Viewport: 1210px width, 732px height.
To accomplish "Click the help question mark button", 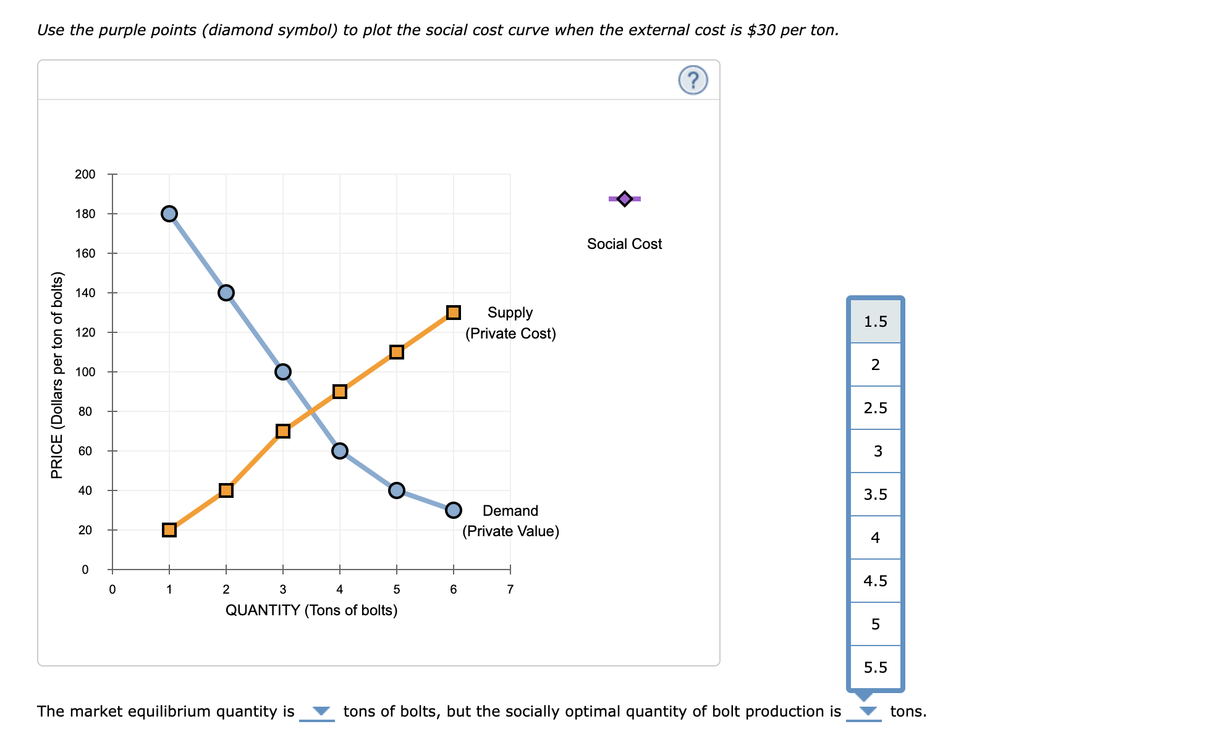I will pos(693,80).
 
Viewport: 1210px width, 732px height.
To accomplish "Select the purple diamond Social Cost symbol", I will pos(624,199).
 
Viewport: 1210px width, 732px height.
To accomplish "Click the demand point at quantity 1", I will pos(169,214).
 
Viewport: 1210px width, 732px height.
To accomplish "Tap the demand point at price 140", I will pos(226,293).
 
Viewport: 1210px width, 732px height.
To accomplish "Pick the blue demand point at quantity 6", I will pos(453,510).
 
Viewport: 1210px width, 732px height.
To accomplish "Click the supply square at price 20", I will pos(169,530).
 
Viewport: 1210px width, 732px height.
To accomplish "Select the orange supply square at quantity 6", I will pos(453,313).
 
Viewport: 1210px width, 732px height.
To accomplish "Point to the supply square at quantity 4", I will pos(339,392).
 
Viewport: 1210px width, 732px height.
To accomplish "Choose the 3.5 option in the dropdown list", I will pos(875,494).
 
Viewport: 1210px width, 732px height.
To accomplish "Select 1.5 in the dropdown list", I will pos(875,321).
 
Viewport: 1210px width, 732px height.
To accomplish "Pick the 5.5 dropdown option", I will pos(875,667).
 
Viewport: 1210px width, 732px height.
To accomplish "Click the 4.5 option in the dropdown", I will pos(875,581).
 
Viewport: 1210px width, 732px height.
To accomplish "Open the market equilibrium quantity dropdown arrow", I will pos(320,711).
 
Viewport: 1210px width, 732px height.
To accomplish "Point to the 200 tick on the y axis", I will pos(85,174).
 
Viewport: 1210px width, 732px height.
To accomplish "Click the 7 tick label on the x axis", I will pos(510,589).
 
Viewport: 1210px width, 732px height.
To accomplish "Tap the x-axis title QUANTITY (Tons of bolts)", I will pos(311,610).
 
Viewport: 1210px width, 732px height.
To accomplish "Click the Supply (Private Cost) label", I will pos(510,323).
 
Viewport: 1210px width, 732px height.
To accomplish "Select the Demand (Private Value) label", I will pos(510,521).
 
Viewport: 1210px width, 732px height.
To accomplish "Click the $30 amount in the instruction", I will pos(761,30).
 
